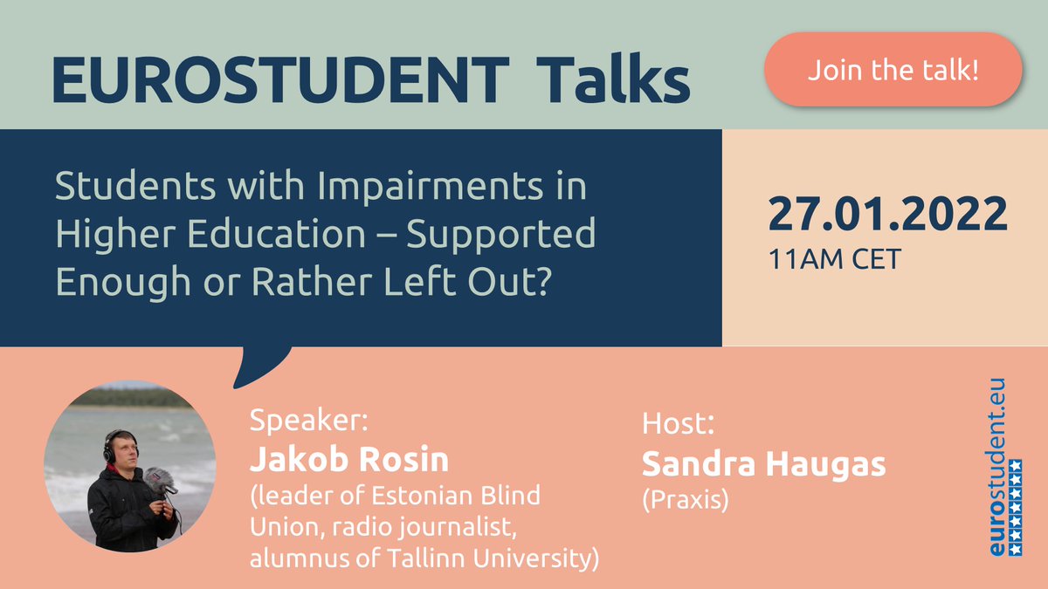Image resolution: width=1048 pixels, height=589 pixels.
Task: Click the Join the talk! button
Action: [x=893, y=70]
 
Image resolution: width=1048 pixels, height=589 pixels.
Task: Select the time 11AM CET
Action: [x=833, y=259]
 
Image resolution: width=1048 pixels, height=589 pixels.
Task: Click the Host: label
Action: [x=679, y=424]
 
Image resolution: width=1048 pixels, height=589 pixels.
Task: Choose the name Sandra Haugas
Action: [x=763, y=464]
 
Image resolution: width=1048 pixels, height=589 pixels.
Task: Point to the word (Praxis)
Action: [x=685, y=501]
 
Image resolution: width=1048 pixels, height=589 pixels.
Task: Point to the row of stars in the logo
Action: [x=1015, y=515]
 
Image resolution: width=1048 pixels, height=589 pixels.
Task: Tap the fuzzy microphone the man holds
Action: [x=158, y=477]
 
